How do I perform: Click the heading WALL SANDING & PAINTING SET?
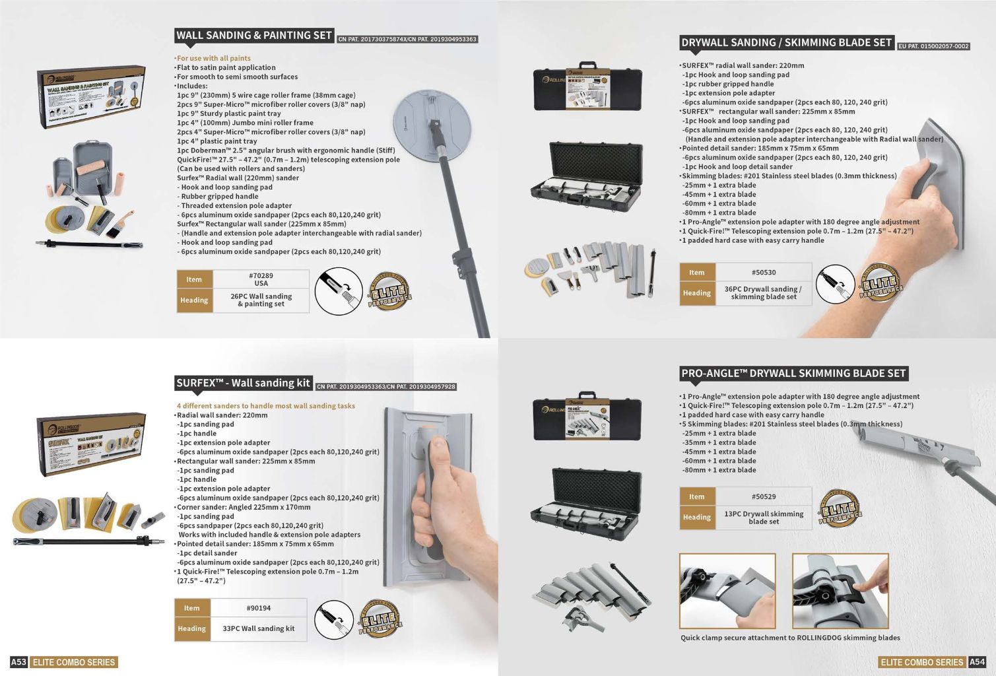click(254, 36)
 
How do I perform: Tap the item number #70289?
click(261, 279)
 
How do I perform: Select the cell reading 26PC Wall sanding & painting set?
click(261, 300)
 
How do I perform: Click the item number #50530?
click(764, 272)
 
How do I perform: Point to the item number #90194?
click(259, 608)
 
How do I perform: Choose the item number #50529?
click(764, 496)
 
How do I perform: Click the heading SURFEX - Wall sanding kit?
click(243, 383)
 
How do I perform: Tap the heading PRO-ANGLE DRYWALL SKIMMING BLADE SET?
click(793, 374)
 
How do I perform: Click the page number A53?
click(18, 662)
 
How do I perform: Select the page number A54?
click(977, 662)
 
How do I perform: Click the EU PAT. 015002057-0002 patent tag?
click(933, 46)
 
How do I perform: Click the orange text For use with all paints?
click(213, 58)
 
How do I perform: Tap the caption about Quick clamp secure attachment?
click(790, 638)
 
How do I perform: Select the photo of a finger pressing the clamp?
click(840, 591)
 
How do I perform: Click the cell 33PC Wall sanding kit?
click(259, 628)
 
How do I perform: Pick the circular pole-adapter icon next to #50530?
click(835, 285)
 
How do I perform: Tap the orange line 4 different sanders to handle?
click(265, 406)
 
